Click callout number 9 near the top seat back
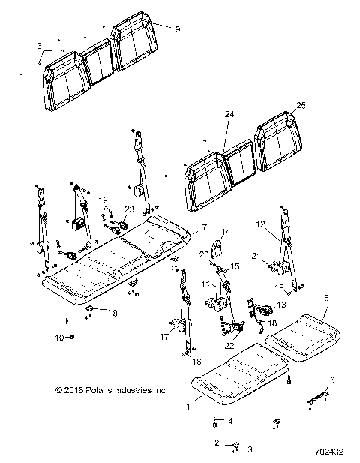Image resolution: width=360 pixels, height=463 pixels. tap(177, 29)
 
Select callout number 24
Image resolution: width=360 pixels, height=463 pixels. tap(229, 114)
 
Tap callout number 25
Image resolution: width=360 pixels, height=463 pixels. tap(301, 105)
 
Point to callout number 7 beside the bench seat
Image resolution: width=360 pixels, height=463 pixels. tap(204, 227)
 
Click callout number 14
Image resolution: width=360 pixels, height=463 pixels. tap(226, 231)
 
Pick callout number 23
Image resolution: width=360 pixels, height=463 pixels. tap(129, 209)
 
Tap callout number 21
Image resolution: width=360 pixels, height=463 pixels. tap(256, 256)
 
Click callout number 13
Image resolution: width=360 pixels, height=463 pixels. tap(282, 305)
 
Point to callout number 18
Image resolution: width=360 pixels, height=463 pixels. tap(272, 323)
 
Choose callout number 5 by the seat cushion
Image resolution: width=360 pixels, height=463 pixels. tap(326, 298)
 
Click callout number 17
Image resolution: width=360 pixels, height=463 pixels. tap(164, 337)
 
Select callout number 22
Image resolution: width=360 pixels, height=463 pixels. tap(229, 346)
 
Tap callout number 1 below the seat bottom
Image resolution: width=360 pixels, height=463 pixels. tap(188, 407)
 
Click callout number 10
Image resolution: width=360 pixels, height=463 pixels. tap(59, 337)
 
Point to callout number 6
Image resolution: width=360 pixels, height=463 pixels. tap(332, 380)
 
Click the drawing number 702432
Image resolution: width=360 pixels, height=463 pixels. tap(329, 452)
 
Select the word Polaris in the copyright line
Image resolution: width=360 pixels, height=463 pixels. tap(99, 390)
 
